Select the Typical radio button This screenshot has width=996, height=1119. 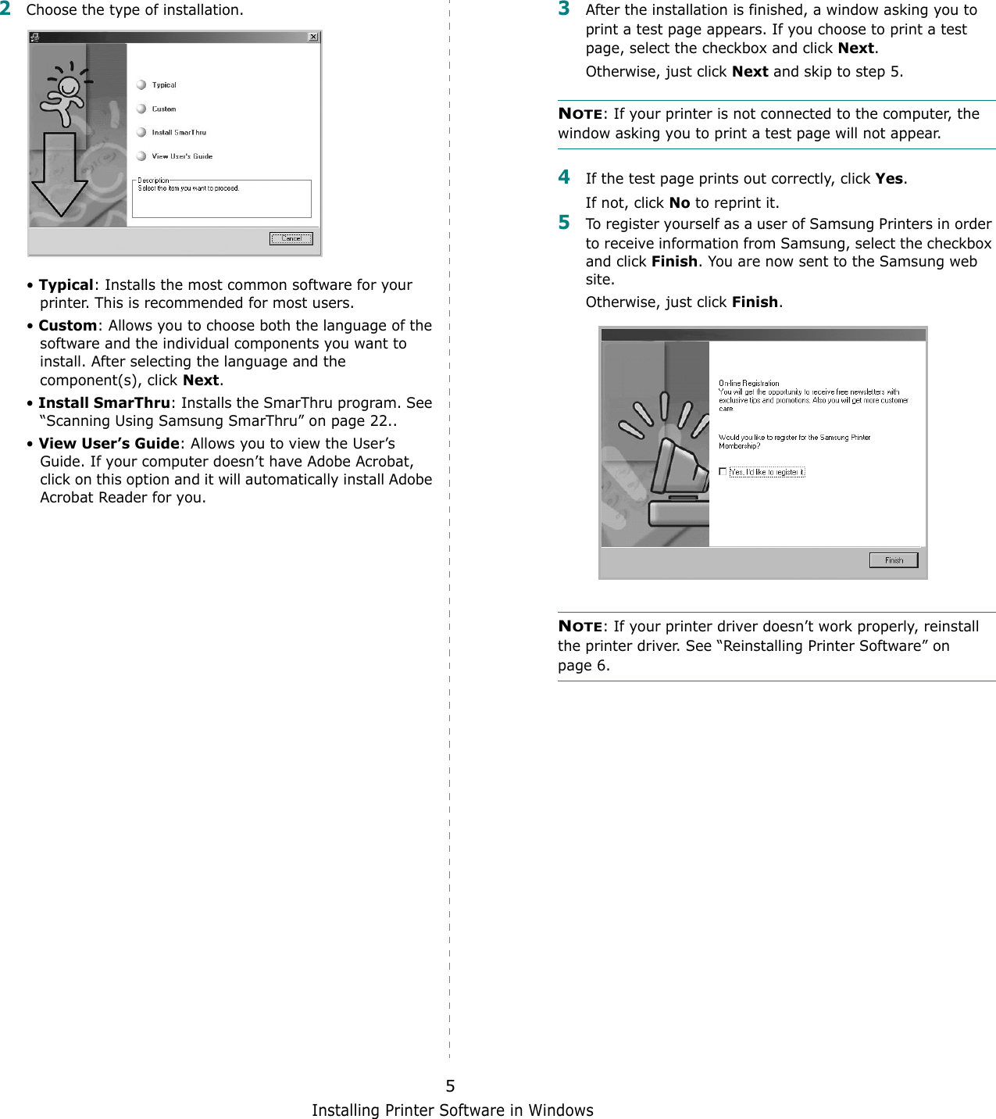pos(141,84)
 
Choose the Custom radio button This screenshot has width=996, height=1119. pos(141,109)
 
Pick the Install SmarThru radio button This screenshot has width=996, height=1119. pos(141,132)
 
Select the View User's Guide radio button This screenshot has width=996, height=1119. pos(141,156)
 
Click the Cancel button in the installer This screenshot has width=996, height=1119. pos(291,238)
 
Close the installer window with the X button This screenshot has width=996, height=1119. pos(313,37)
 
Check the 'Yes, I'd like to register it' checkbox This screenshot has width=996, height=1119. pos(723,471)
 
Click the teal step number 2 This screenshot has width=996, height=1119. pos(5,9)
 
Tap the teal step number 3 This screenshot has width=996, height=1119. pos(564,9)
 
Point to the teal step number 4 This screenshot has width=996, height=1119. pos(564,177)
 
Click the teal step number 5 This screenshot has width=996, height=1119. pos(564,223)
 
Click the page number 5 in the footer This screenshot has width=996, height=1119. pos(450,1085)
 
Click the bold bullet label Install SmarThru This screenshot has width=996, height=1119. pos(104,402)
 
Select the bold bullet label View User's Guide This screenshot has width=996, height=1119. pos(109,443)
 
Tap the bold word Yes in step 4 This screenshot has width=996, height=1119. pos(889,178)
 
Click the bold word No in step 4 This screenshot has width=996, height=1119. pos(680,202)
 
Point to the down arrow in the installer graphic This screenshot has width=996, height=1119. pos(59,176)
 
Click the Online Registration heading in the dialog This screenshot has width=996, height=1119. pos(748,383)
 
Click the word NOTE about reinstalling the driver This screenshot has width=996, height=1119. pos(580,626)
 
